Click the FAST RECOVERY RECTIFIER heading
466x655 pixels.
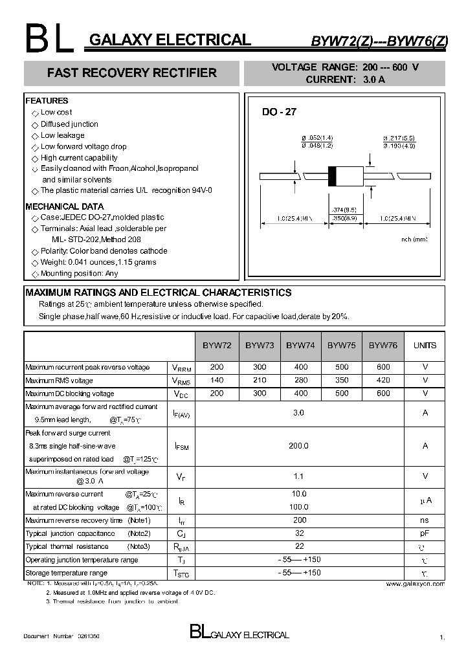tap(132, 73)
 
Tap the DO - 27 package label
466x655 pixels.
tap(279, 112)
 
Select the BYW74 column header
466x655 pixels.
tap(300, 346)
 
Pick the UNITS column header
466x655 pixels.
tap(425, 346)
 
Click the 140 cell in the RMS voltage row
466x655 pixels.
tap(217, 381)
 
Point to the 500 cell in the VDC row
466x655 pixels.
tap(341, 394)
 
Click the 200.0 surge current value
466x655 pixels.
tap(300, 446)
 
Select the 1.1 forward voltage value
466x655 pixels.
tap(300, 476)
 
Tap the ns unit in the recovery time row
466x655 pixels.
tap(425, 520)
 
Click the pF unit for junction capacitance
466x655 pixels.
tap(425, 533)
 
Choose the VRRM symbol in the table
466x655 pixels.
tap(181, 368)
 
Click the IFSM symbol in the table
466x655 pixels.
tap(181, 447)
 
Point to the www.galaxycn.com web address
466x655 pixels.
tap(415, 584)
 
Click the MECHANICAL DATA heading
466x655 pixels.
tap(65, 206)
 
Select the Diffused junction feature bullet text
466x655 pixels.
tap(69, 124)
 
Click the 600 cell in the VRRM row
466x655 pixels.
tap(383, 367)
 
